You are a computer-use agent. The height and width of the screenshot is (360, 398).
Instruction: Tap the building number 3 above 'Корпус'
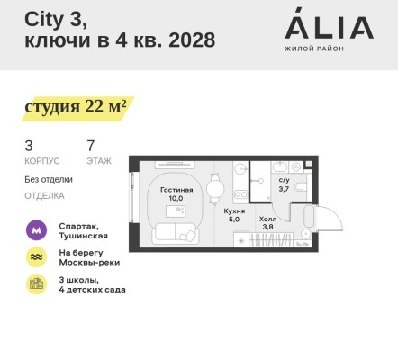(x=29, y=144)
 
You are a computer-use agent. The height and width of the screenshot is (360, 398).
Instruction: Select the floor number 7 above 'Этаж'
(x=91, y=144)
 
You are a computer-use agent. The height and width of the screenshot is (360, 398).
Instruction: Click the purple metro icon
(x=36, y=229)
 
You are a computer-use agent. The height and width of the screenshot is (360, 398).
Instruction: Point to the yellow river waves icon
(x=36, y=256)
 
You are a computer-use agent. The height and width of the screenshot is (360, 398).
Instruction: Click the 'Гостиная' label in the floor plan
(x=176, y=190)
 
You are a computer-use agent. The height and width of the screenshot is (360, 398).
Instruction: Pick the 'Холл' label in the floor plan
(x=267, y=218)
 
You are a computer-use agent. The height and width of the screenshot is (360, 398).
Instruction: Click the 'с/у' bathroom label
(x=284, y=180)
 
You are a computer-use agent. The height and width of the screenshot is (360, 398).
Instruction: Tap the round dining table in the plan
(x=214, y=189)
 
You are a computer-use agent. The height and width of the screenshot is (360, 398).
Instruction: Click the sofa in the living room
(x=176, y=232)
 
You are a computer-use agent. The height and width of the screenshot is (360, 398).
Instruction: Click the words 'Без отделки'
(x=49, y=179)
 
